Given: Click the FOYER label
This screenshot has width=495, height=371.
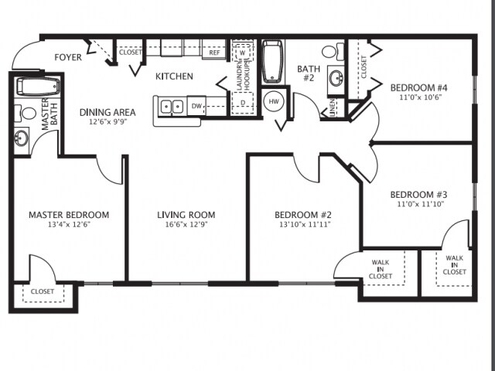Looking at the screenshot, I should pyautogui.click(x=67, y=58).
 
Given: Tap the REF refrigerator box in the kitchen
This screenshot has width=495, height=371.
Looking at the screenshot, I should pyautogui.click(x=214, y=53).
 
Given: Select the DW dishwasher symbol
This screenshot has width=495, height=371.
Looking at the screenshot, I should pyautogui.click(x=196, y=105).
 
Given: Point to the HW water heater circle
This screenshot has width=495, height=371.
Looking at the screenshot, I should pyautogui.click(x=274, y=100).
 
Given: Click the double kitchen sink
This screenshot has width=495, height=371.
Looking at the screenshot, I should pyautogui.click(x=172, y=106).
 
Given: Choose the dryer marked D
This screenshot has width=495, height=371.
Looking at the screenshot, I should pyautogui.click(x=243, y=101).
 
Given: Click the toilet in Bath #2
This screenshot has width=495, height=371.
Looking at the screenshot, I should pyautogui.click(x=330, y=52).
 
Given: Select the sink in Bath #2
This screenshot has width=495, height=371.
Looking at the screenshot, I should pyautogui.click(x=336, y=77).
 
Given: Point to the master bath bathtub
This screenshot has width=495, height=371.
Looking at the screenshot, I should pyautogui.click(x=33, y=87).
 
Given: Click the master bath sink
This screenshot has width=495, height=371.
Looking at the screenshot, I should pyautogui.click(x=22, y=138).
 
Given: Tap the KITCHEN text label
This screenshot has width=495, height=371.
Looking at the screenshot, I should pyautogui.click(x=174, y=77).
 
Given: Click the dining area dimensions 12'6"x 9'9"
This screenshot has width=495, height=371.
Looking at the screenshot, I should pyautogui.click(x=108, y=122).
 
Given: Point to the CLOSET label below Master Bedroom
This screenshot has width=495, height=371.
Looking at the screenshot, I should pyautogui.click(x=43, y=291).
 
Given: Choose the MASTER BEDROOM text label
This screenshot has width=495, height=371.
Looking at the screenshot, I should pyautogui.click(x=69, y=215).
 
